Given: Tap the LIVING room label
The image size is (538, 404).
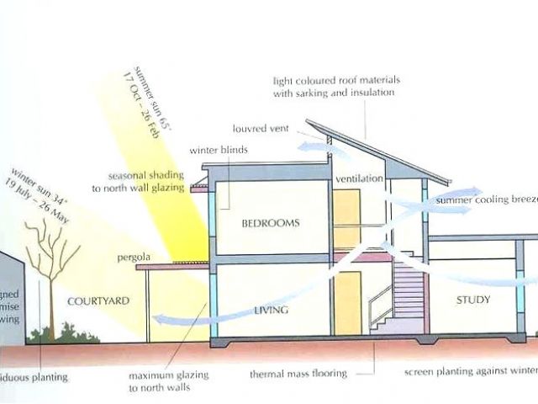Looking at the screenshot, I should click(271, 311).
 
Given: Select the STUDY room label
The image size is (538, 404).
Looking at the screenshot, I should click(473, 300).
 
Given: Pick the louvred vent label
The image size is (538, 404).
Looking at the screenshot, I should click(261, 129).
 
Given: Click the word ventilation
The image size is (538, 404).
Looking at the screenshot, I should click(359, 180).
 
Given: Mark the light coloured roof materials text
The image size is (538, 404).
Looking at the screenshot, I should click(336, 87).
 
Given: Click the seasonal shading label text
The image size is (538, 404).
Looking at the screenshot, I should click(145, 182).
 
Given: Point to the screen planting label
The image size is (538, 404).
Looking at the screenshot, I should click(469, 371).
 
